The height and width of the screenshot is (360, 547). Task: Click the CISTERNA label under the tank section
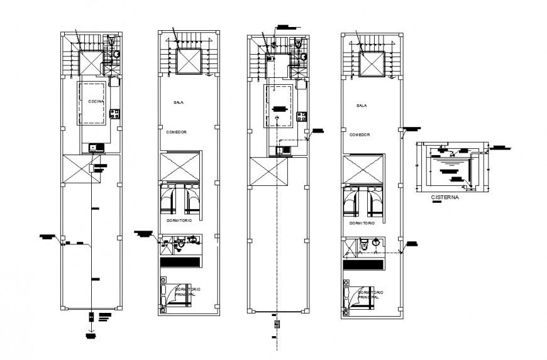pos(445,197)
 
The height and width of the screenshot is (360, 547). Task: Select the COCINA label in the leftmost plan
pos(96,101)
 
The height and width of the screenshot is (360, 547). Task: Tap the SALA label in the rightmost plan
pos(361,106)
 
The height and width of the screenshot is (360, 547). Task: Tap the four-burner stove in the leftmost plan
pos(115,114)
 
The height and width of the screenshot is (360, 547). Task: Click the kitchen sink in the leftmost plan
pos(96,148)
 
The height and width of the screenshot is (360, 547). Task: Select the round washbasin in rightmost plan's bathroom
pos(375,241)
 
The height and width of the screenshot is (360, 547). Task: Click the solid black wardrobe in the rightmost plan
pos(362,266)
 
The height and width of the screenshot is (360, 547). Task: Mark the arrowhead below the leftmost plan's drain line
pos(92,329)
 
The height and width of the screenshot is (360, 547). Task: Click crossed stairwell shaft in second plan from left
pos(187,62)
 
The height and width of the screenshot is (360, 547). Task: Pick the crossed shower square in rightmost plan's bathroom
pos(348,248)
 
